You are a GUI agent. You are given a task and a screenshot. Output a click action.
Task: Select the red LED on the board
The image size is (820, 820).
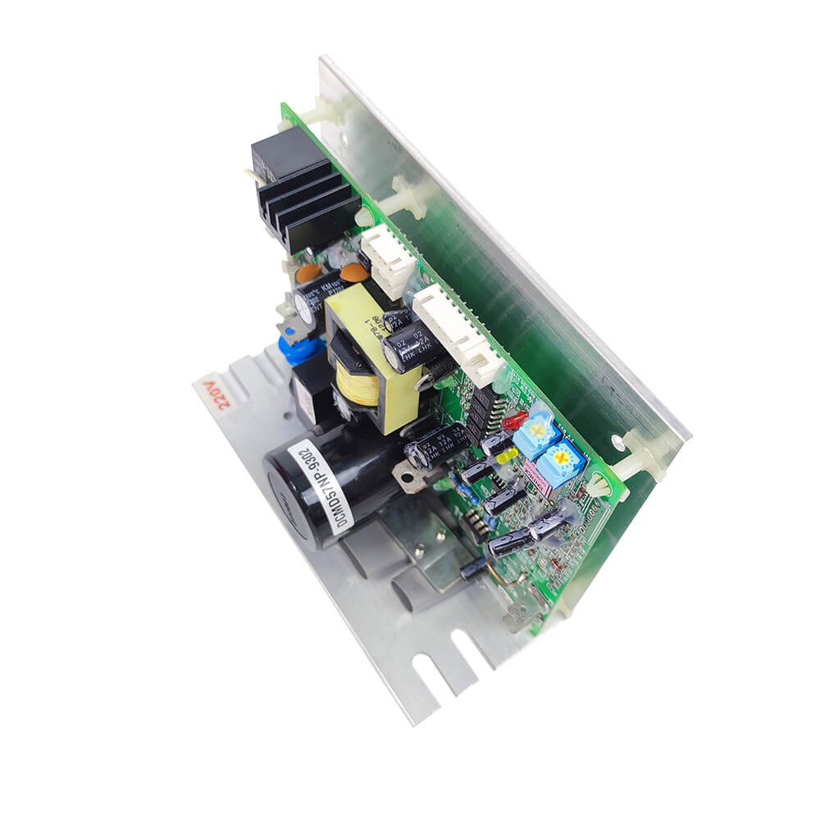[x=514, y=421]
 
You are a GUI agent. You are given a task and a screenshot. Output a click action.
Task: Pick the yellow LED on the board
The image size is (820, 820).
[x=508, y=453]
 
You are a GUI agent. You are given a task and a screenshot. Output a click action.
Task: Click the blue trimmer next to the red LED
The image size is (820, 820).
[x=537, y=430]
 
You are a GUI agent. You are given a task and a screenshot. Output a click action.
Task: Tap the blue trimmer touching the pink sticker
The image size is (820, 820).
[x=563, y=464]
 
